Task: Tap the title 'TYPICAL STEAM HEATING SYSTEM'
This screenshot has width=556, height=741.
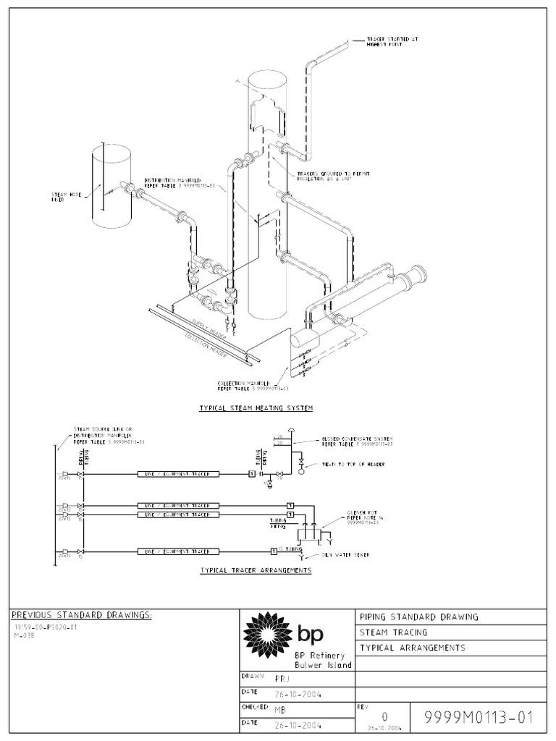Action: point(256,409)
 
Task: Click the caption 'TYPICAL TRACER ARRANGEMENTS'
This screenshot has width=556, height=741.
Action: point(256,570)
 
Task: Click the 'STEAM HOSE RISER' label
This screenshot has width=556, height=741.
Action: point(63,197)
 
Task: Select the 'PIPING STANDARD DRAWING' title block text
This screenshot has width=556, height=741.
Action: point(418,617)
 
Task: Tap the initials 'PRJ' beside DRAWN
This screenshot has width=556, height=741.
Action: point(282,679)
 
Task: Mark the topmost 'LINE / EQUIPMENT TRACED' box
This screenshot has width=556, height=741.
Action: point(177,474)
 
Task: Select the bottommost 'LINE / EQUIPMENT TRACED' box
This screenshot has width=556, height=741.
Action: point(177,551)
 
